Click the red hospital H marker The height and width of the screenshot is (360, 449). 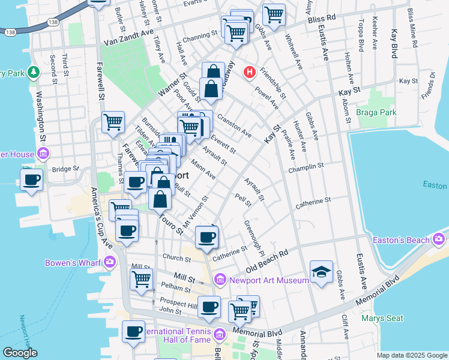coord(249,73)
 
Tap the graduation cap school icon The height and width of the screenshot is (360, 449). coord(321,271)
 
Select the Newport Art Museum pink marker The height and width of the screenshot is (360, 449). coord(220,279)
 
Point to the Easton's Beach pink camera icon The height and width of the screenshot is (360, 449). coord(439,241)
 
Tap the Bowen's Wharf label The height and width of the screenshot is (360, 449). coord(73,262)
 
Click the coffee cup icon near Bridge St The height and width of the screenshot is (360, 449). coord(31,179)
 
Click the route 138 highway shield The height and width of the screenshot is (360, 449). coord(10,32)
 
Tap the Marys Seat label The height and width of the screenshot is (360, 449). coord(382,318)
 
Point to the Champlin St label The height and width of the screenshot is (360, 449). coord(306,166)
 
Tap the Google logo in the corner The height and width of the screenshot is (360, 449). coord(20,353)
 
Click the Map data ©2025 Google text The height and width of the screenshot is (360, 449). coord(411,355)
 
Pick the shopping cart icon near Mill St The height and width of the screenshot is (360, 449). coord(141,278)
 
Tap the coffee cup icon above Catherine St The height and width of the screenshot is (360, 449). coord(207,236)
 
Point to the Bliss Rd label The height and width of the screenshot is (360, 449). coord(322,20)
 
